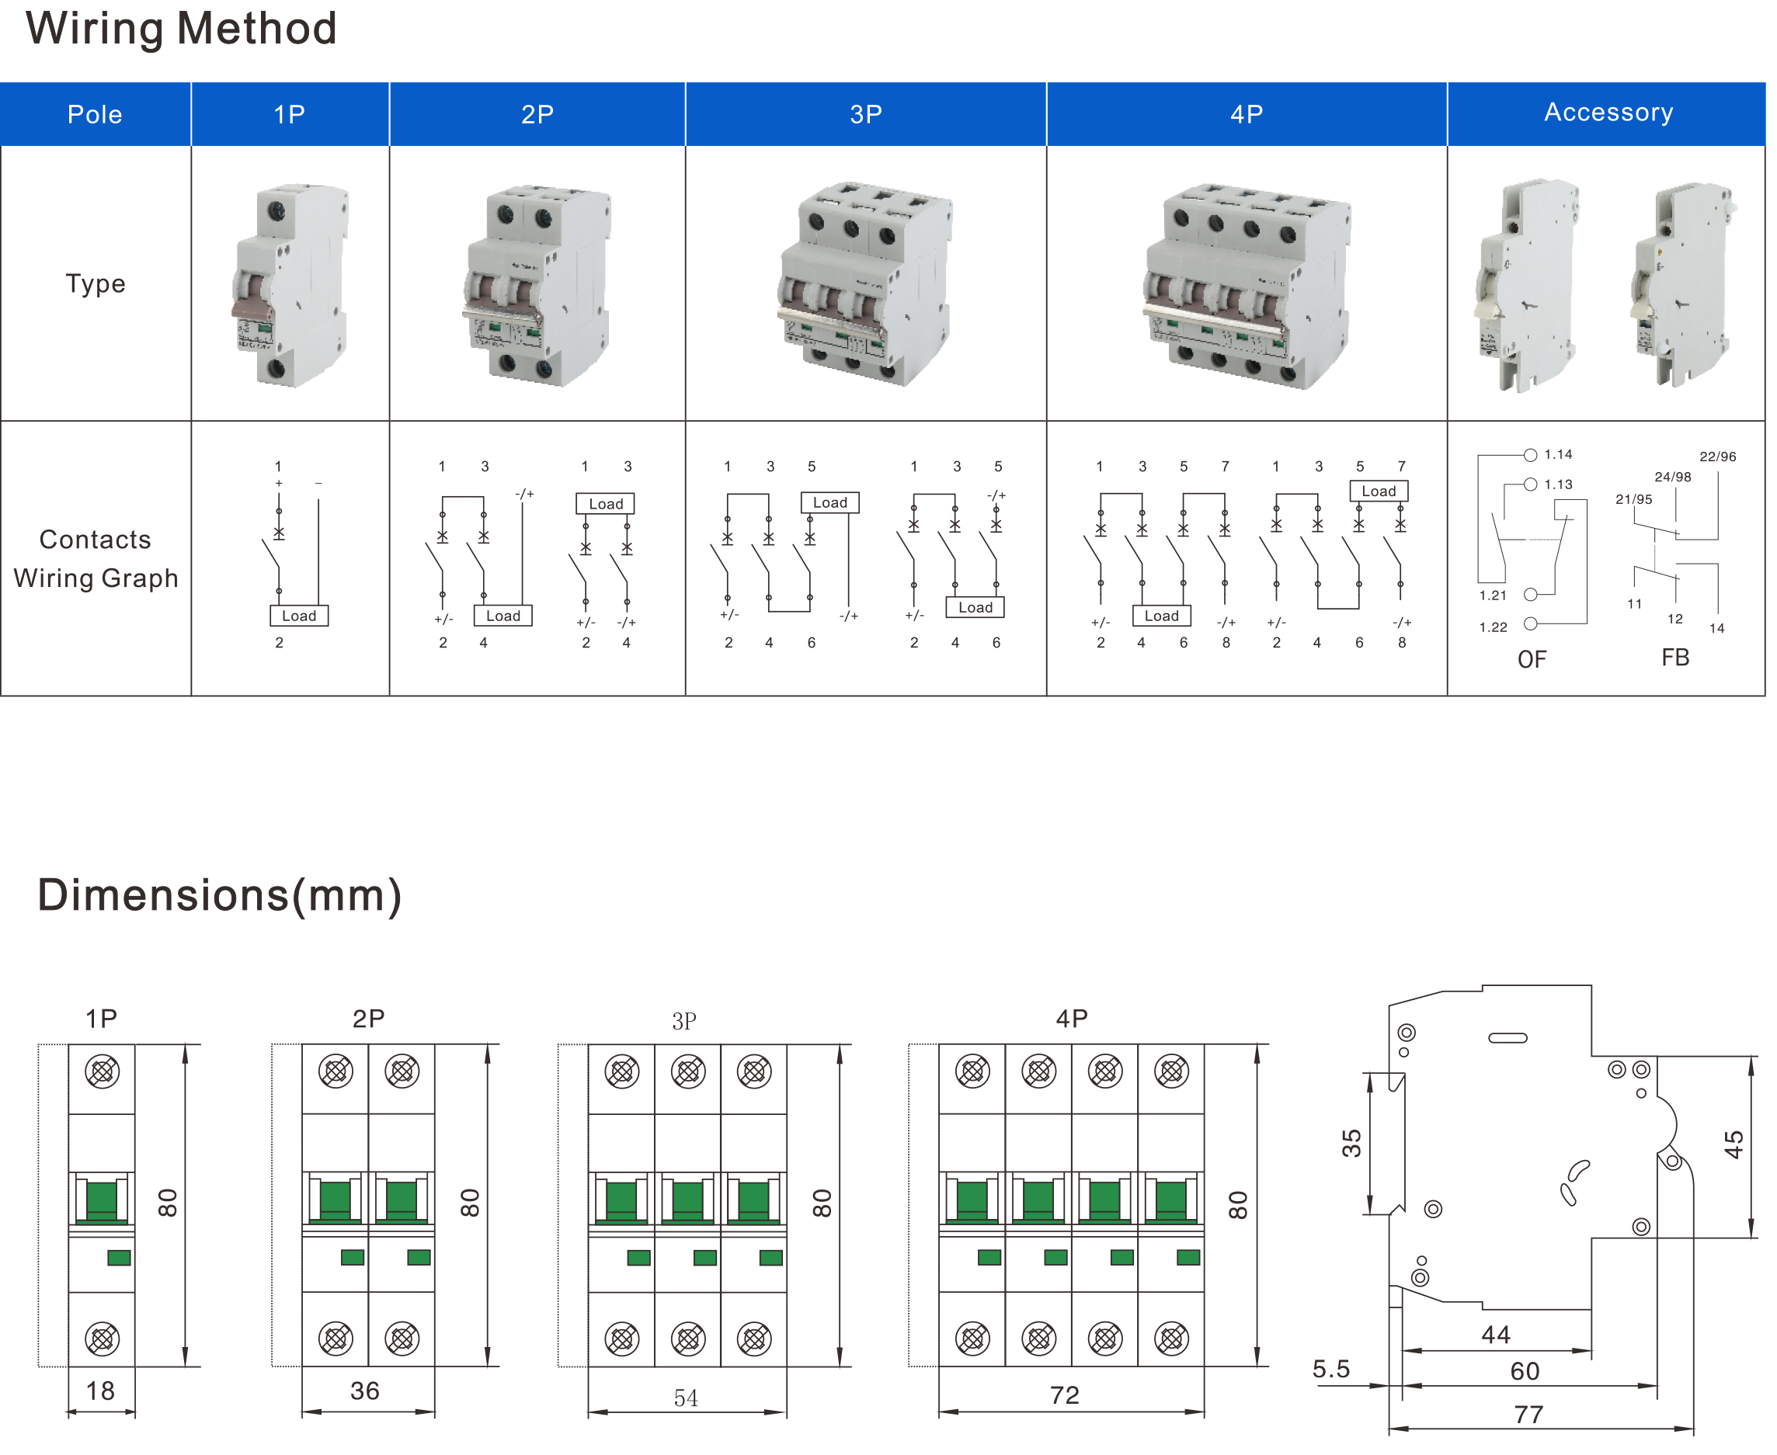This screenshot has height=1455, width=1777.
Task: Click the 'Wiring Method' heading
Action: [x=181, y=29]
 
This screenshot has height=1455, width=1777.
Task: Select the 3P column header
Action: [x=865, y=114]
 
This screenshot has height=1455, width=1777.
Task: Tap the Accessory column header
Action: [x=1608, y=113]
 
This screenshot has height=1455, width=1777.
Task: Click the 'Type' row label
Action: [x=96, y=283]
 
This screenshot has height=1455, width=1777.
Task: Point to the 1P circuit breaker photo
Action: [x=290, y=285]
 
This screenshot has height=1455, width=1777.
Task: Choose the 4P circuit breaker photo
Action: [x=1247, y=285]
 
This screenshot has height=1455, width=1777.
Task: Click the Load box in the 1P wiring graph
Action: [x=298, y=616]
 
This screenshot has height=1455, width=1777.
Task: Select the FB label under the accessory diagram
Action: [x=1674, y=658]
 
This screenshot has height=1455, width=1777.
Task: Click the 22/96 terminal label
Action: [x=1716, y=457]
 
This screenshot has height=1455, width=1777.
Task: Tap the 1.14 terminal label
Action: [x=1557, y=455]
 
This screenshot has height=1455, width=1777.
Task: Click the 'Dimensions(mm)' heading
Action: [x=220, y=895]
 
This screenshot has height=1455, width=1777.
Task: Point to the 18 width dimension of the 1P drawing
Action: [x=101, y=1391]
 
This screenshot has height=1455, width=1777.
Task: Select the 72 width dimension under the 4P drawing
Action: [x=1065, y=1395]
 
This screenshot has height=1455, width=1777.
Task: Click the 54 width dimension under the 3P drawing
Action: [x=686, y=1398]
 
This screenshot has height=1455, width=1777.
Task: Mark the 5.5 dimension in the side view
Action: [x=1331, y=1370]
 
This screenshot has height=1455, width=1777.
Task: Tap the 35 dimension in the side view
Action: [x=1351, y=1143]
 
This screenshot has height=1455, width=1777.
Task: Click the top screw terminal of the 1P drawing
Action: [x=103, y=1071]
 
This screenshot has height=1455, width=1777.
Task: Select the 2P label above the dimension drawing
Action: [x=368, y=1019]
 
